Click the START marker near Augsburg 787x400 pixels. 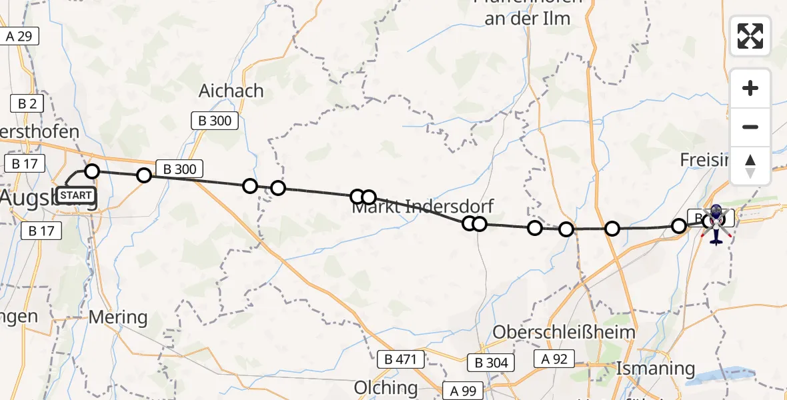point(76,195)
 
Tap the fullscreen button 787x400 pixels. point(750,36)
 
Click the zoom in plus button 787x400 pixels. point(750,88)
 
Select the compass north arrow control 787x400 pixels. point(750,166)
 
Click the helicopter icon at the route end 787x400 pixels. point(716,223)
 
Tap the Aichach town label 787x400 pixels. point(231,91)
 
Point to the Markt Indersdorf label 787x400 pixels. point(423,206)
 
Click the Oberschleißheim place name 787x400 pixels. point(564,331)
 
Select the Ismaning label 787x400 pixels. point(656,368)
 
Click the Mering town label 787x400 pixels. point(117,317)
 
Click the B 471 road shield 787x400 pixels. point(400,360)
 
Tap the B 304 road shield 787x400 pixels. point(491,363)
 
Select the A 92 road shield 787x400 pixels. point(554,359)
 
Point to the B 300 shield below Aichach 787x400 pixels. point(215,121)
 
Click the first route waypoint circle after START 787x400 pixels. point(92,171)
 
